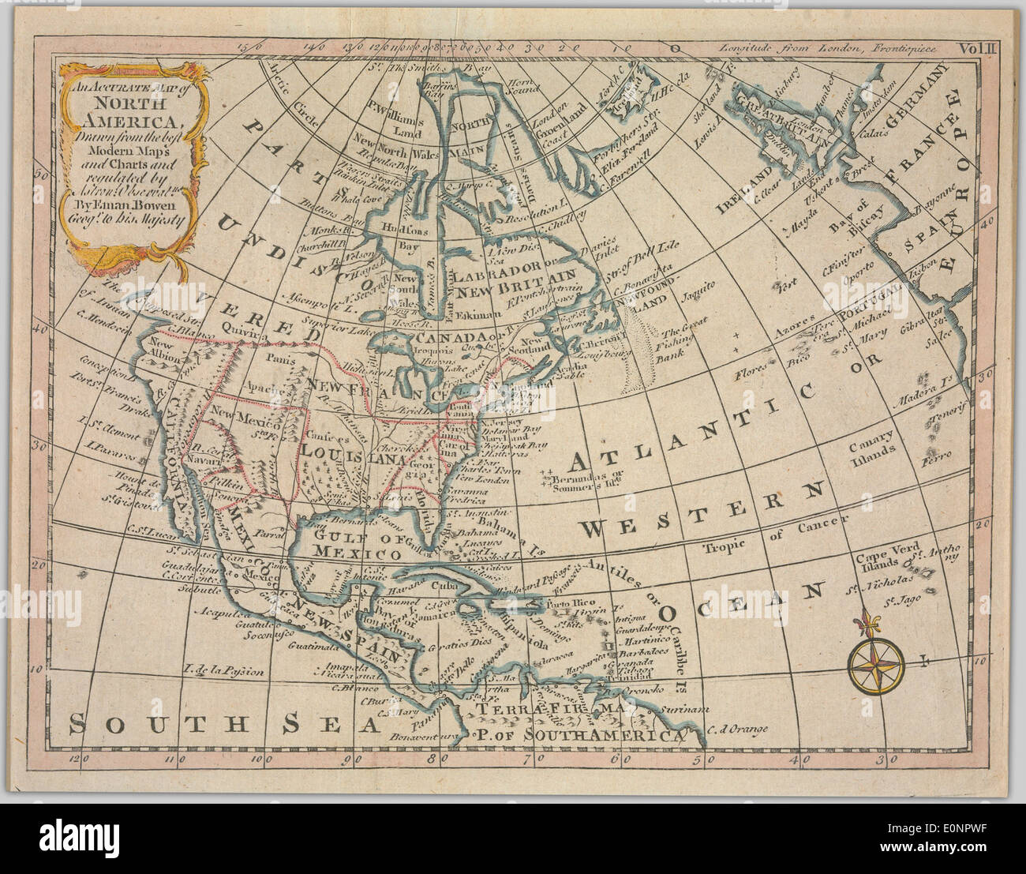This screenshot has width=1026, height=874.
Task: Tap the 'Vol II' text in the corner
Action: click(x=979, y=48)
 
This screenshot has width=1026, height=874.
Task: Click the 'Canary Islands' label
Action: click(x=872, y=444)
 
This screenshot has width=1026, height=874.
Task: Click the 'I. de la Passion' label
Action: click(x=223, y=672)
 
